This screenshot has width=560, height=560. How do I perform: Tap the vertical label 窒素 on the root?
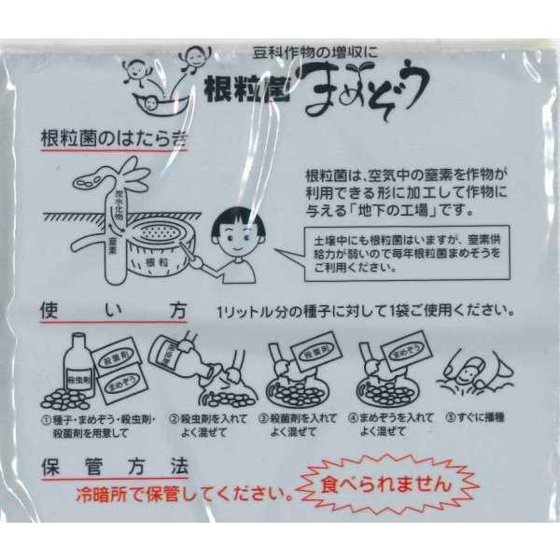pos(111,244)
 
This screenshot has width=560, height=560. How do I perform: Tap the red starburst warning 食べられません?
pos(386,485)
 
